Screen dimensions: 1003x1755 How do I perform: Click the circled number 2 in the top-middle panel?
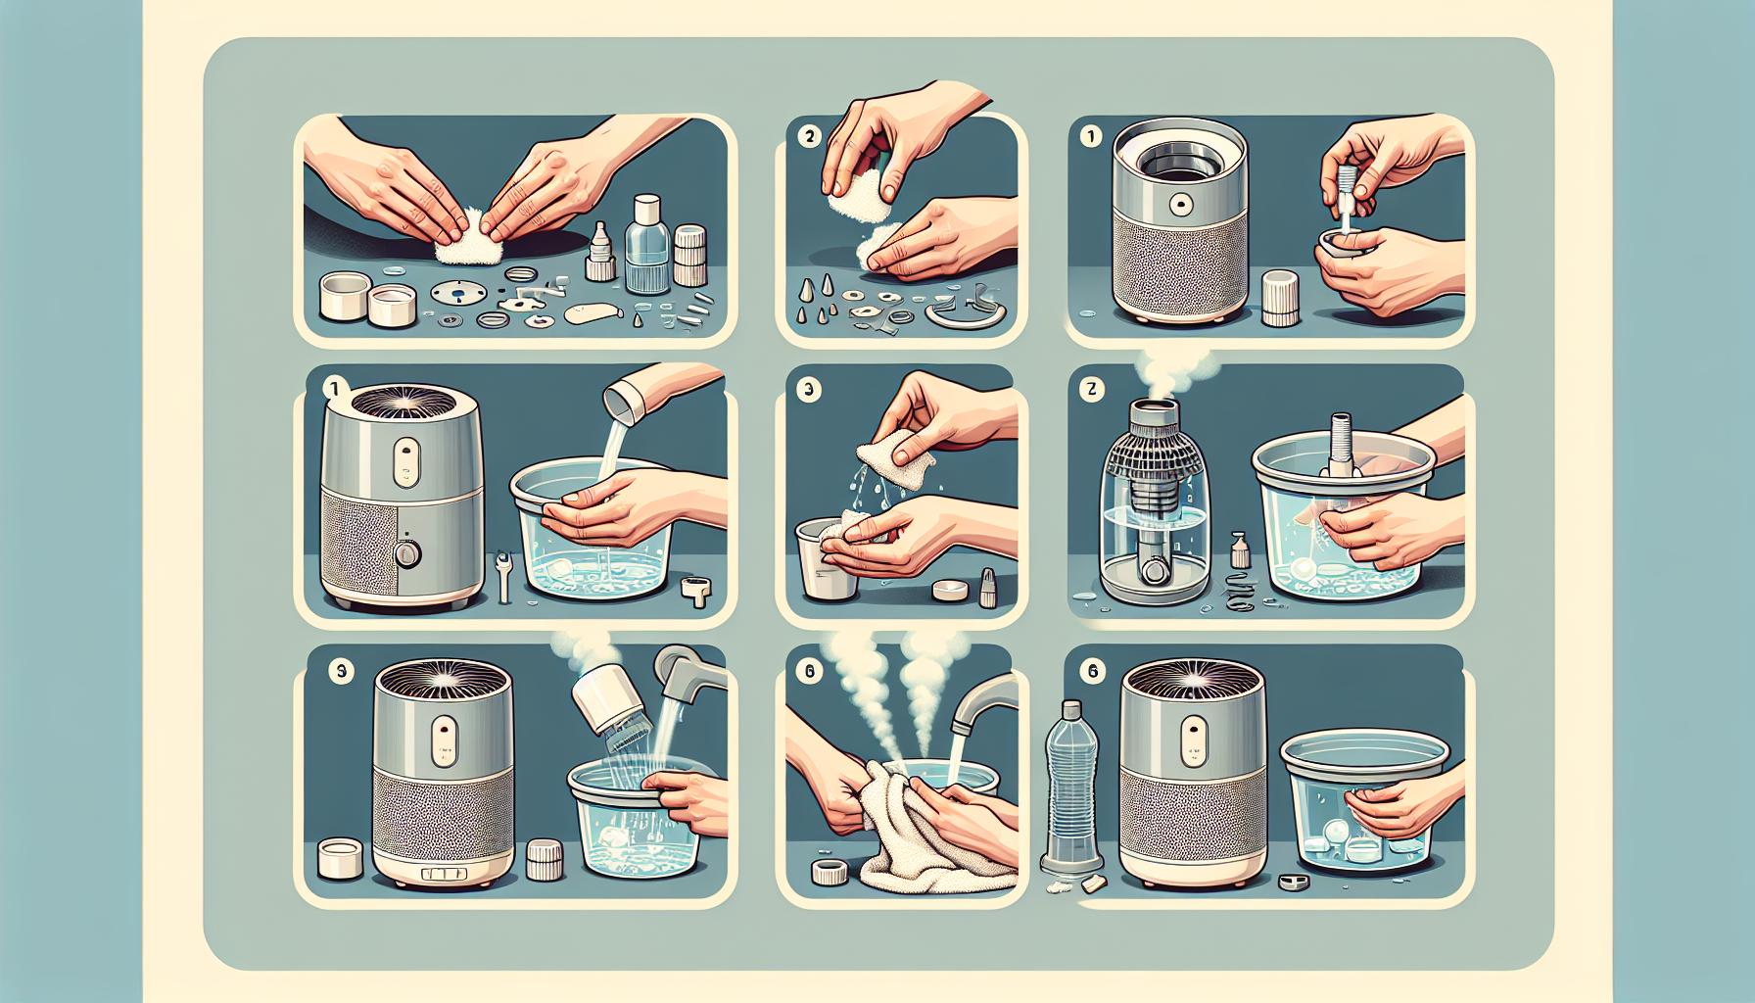tap(809, 138)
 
